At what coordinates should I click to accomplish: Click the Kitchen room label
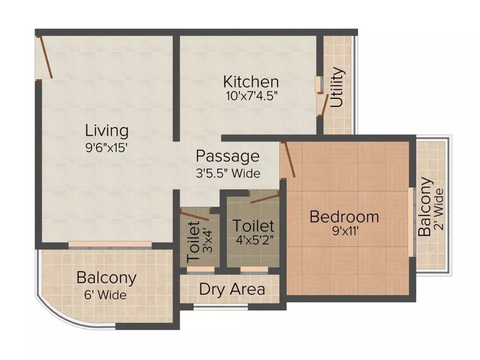[251, 82]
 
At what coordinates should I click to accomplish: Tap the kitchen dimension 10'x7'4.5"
[251, 96]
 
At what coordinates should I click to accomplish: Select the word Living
[107, 130]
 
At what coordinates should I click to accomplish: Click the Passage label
[227, 156]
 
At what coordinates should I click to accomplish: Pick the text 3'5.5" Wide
[228, 173]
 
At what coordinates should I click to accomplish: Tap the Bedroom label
[344, 217]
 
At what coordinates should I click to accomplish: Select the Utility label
[337, 88]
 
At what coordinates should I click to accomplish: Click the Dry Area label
[232, 289]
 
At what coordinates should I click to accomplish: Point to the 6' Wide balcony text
[106, 295]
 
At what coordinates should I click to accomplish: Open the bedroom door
[288, 159]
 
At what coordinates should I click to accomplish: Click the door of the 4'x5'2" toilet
[265, 198]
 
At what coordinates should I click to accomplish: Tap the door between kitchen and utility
[323, 104]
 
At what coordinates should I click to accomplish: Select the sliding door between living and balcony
[110, 244]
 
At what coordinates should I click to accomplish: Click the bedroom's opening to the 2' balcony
[411, 222]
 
